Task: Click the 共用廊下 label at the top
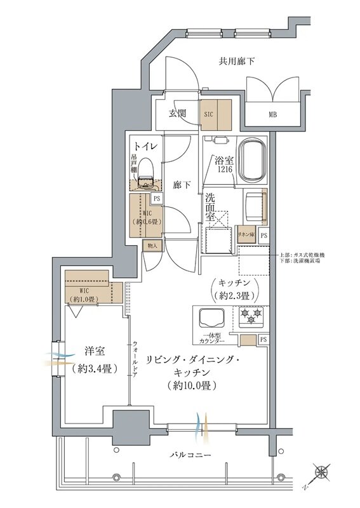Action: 237,62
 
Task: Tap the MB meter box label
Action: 272,115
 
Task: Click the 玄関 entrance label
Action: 177,114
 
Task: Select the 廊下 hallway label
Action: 182,185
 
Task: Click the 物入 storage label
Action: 152,245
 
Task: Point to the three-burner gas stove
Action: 251,316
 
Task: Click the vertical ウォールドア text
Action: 135,359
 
